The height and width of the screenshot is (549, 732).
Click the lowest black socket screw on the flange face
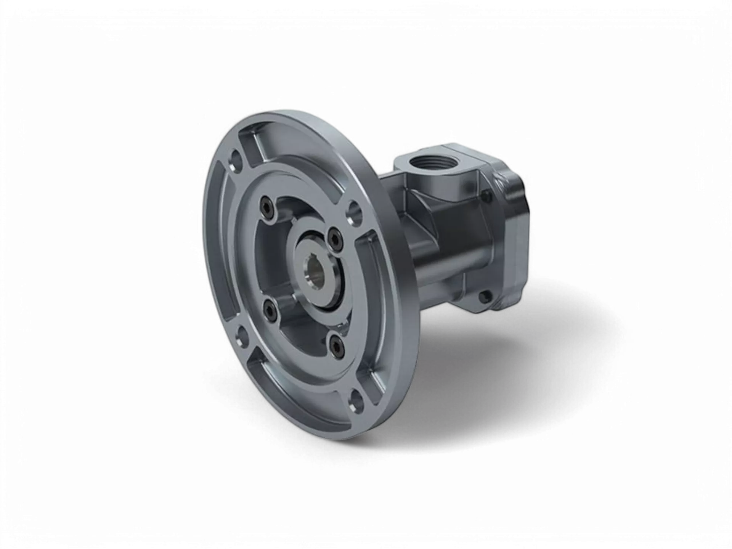[x=335, y=345]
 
